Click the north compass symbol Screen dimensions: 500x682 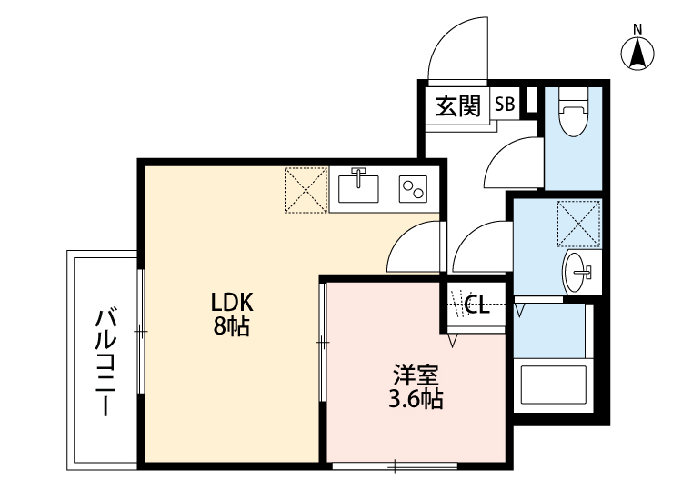click(639, 53)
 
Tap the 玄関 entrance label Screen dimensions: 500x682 click(457, 105)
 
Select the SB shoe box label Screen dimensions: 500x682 click(505, 105)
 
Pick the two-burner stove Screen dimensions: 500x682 click(413, 189)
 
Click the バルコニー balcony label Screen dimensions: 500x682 click(106, 362)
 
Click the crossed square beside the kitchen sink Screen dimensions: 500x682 click(306, 189)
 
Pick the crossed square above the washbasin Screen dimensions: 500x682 click(578, 223)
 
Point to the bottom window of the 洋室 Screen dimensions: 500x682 click(395, 467)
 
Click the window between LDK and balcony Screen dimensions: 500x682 click(140, 332)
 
